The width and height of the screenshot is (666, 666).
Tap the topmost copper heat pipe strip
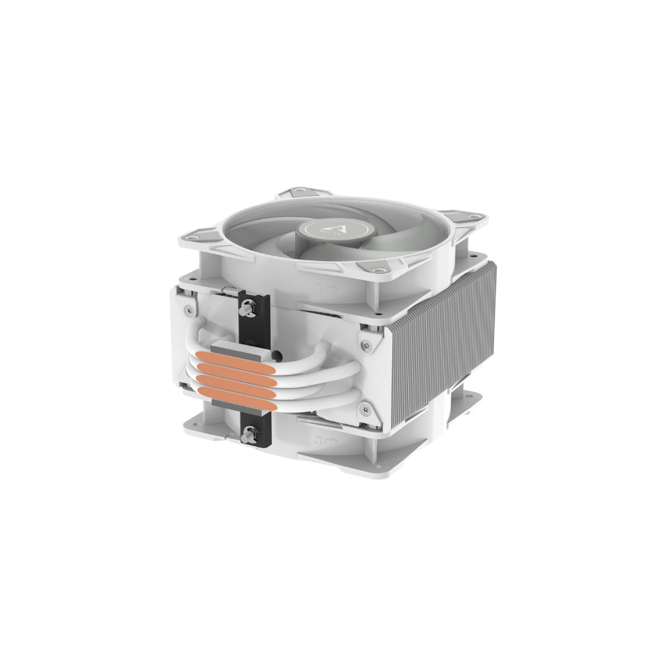click(242, 356)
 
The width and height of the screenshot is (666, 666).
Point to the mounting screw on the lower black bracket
click(249, 434)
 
